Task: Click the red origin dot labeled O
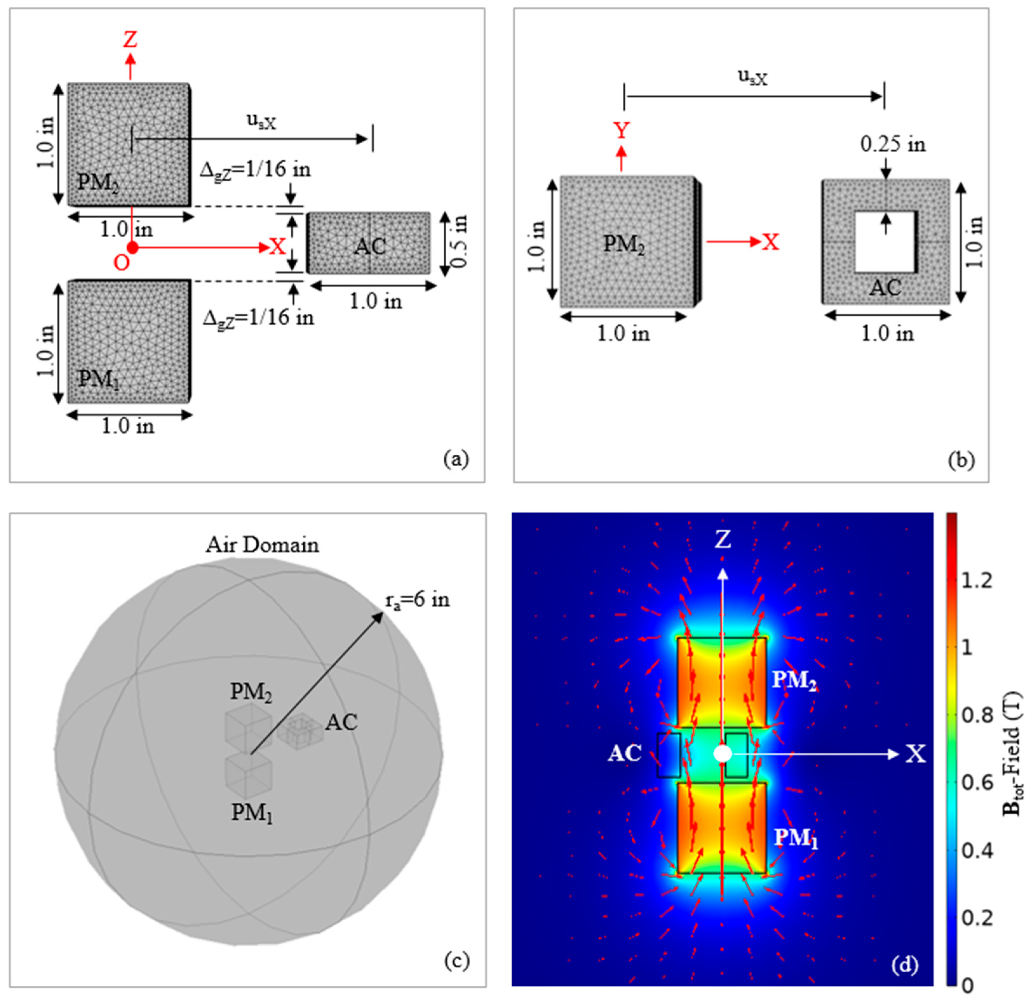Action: (x=132, y=247)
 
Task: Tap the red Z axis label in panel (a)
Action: (x=130, y=40)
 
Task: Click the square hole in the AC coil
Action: (x=884, y=242)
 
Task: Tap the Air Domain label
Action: (x=262, y=545)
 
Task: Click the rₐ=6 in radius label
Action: (x=417, y=600)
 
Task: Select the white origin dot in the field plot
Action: (x=722, y=754)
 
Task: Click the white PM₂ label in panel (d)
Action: (x=794, y=681)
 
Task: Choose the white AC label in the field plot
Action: (x=625, y=754)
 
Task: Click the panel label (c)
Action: (x=456, y=961)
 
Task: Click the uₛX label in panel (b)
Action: (x=752, y=78)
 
